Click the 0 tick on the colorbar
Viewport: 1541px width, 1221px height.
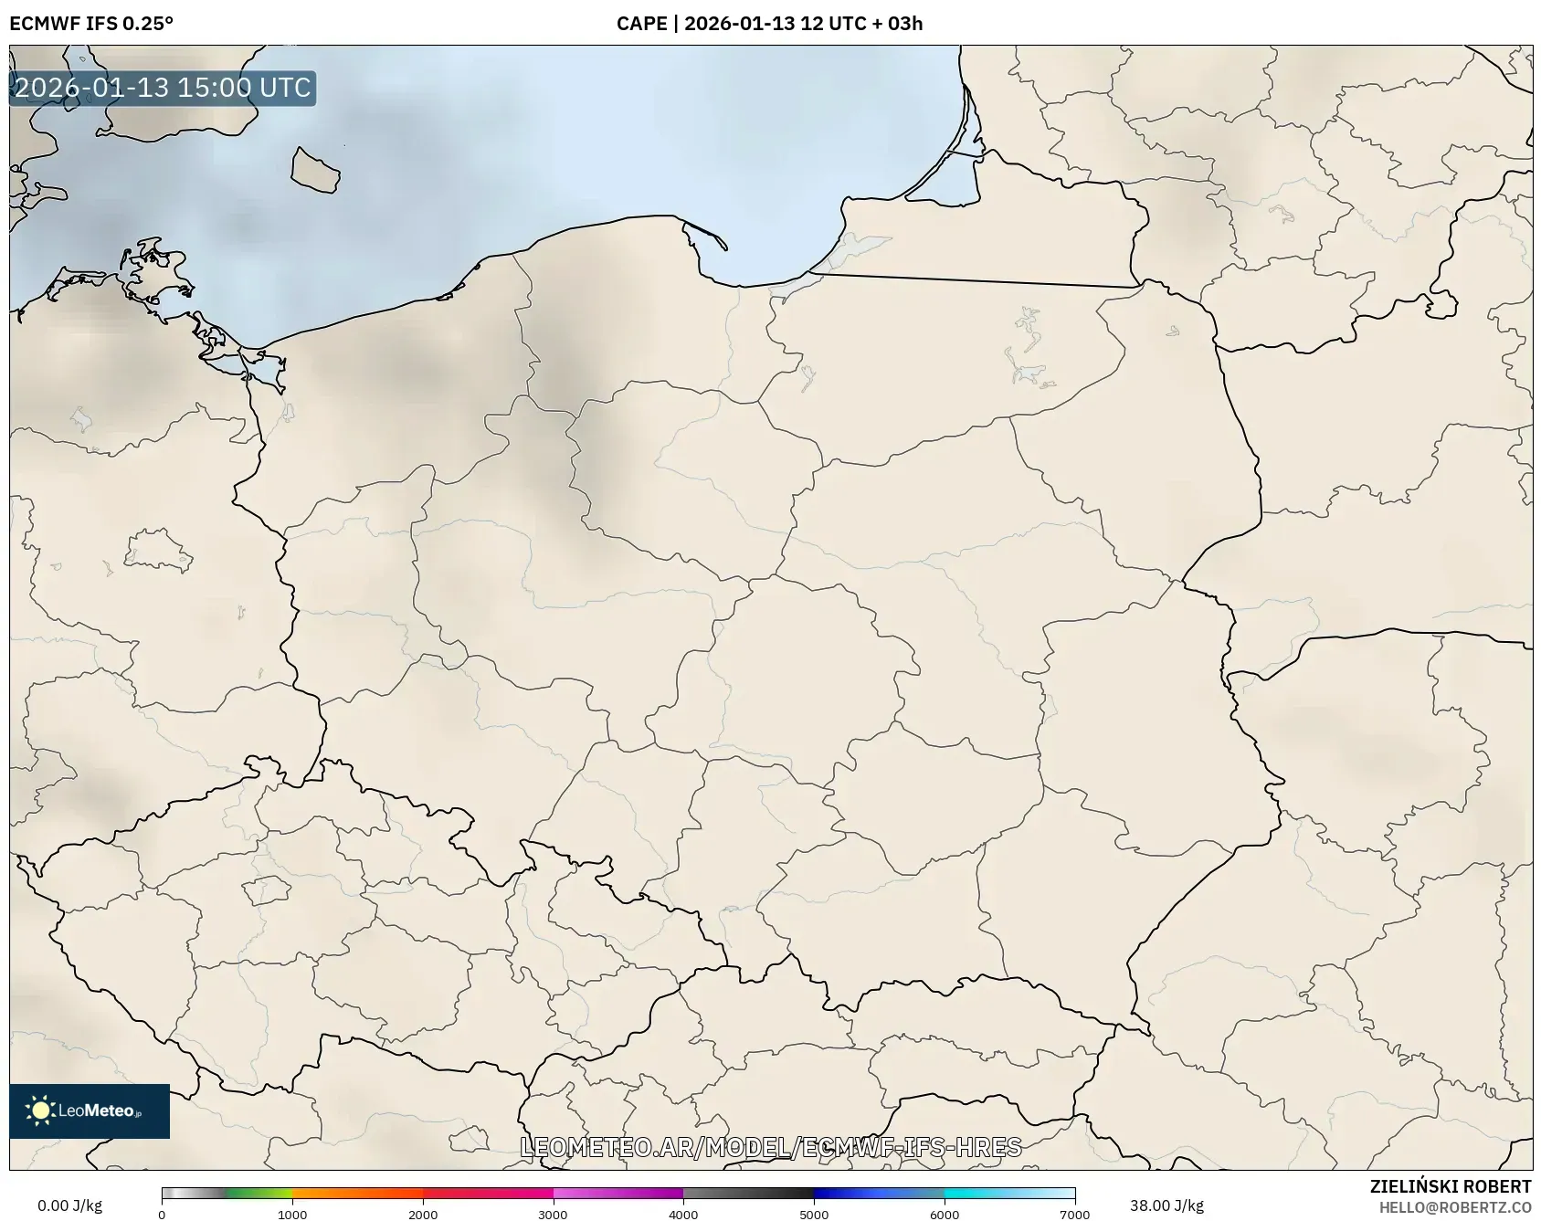click(x=162, y=1214)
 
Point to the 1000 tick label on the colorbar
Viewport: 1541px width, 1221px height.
click(x=292, y=1214)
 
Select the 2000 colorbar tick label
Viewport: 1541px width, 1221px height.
click(x=423, y=1214)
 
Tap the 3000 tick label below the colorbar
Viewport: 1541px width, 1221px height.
click(x=553, y=1214)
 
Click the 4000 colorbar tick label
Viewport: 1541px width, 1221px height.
click(x=683, y=1214)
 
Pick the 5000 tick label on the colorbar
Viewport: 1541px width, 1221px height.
click(x=814, y=1214)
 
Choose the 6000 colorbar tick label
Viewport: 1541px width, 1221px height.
click(x=945, y=1214)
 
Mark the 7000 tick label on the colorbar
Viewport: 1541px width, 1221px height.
click(x=1074, y=1214)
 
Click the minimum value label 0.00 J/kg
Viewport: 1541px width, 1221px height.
click(x=69, y=1205)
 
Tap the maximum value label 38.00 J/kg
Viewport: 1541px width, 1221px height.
click(x=1166, y=1205)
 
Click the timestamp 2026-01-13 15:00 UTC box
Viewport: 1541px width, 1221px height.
click(x=163, y=88)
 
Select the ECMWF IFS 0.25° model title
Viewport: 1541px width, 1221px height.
click(x=91, y=24)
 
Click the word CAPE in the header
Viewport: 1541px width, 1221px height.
click(x=641, y=24)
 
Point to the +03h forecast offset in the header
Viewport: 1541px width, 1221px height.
click(x=898, y=24)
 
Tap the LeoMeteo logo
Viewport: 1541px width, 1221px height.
click(x=90, y=1110)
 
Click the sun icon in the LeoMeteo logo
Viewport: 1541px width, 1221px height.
click(x=40, y=1110)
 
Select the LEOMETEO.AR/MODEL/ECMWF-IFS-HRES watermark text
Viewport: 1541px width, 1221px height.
click(x=770, y=1147)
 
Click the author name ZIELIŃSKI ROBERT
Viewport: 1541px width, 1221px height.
click(x=1451, y=1186)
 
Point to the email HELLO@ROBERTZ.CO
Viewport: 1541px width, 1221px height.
click(x=1455, y=1207)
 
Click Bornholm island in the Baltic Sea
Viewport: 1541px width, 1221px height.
click(x=315, y=171)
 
